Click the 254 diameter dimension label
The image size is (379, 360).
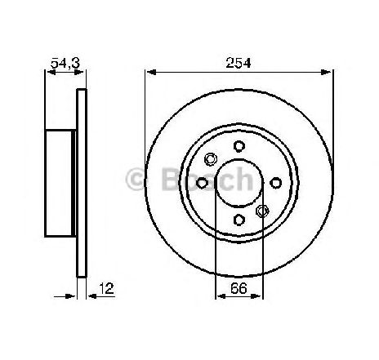tap(239, 63)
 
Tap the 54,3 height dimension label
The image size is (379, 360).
tap(65, 63)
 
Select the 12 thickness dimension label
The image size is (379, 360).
tap(106, 288)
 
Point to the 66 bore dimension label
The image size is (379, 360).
tap(239, 288)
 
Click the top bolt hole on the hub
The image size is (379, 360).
tap(239, 146)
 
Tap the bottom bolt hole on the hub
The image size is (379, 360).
tap(239, 220)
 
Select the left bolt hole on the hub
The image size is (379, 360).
tap(202, 183)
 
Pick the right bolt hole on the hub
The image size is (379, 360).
tap(276, 183)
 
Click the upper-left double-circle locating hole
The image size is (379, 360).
tap(211, 159)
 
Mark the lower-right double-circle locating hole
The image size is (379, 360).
tap(262, 211)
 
